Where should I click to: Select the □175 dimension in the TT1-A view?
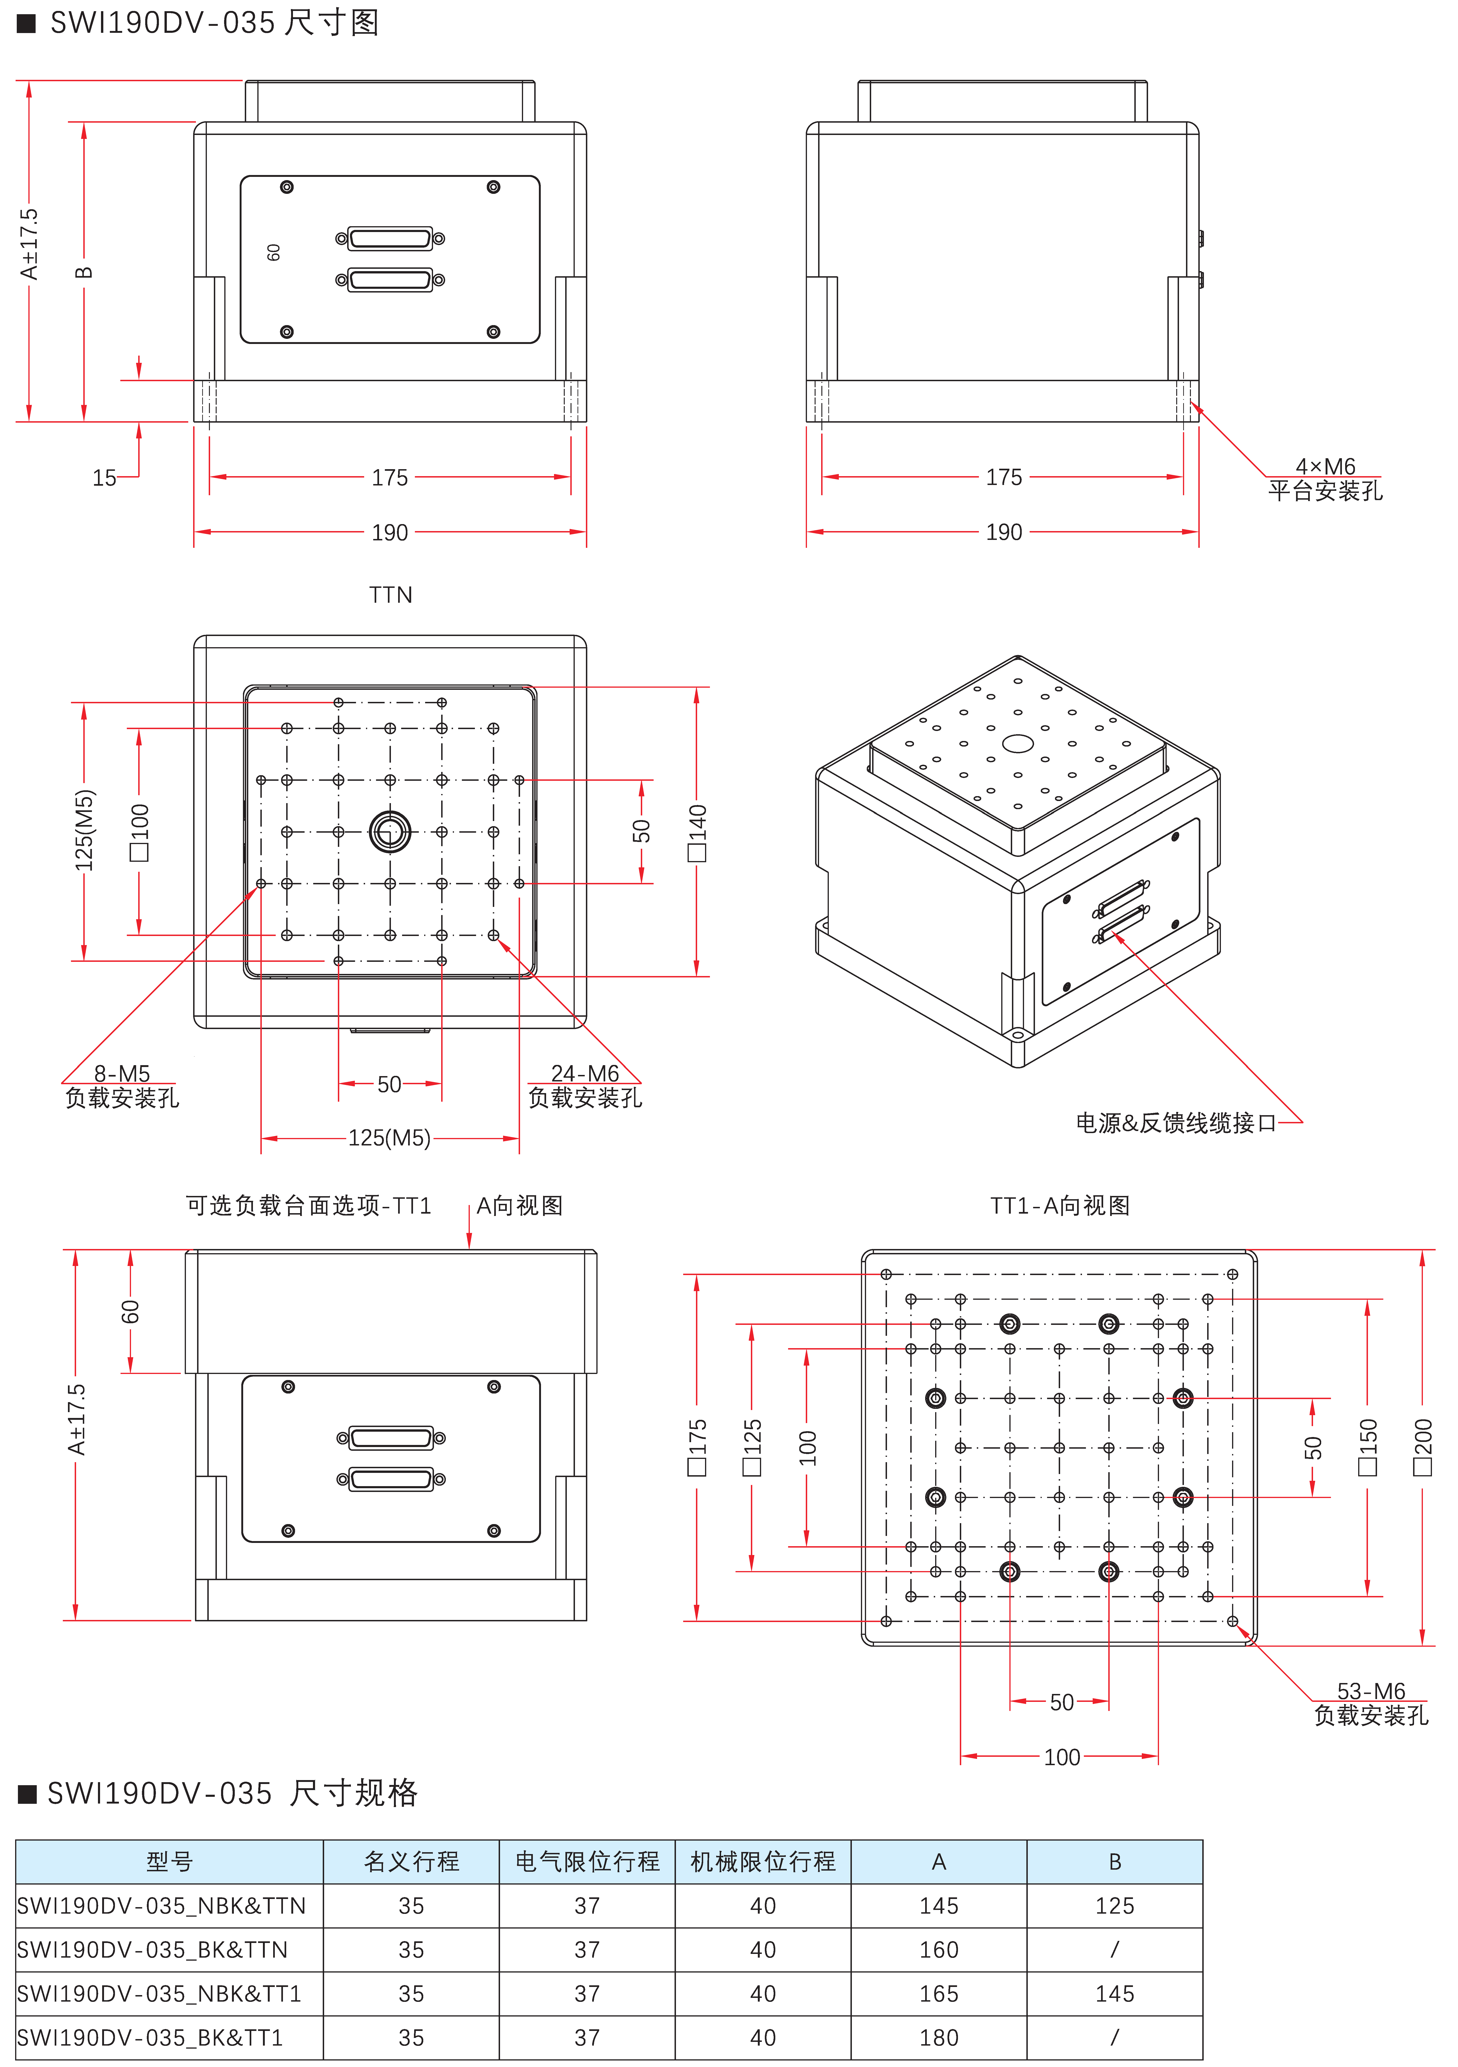tap(698, 1447)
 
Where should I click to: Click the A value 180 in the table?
tap(939, 2037)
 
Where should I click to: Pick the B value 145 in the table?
tap(1114, 1993)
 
